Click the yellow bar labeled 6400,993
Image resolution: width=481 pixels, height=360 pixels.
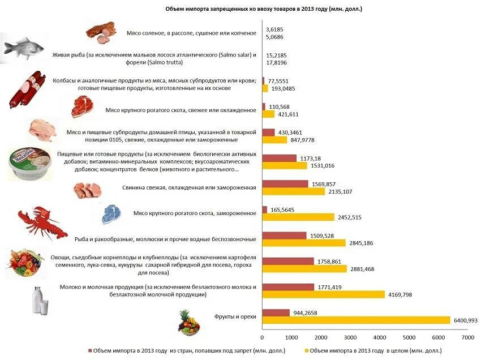(357, 320)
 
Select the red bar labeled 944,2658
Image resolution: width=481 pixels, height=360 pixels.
(276, 312)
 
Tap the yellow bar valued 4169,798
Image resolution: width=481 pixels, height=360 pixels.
(324, 294)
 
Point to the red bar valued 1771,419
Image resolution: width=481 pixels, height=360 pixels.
(289, 287)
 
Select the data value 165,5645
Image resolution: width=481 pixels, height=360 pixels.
(283, 209)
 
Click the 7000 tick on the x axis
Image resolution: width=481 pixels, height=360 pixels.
(467, 337)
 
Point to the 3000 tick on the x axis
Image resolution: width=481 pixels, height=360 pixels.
(351, 337)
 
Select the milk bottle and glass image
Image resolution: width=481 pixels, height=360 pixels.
(40, 299)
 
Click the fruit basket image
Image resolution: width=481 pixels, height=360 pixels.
(187, 323)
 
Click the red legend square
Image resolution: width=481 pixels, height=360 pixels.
(89, 350)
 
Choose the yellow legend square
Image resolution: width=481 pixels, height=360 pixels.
(307, 350)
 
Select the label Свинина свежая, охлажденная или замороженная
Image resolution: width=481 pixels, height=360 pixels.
(189, 187)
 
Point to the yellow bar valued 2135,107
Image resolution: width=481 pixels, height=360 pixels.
(294, 191)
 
